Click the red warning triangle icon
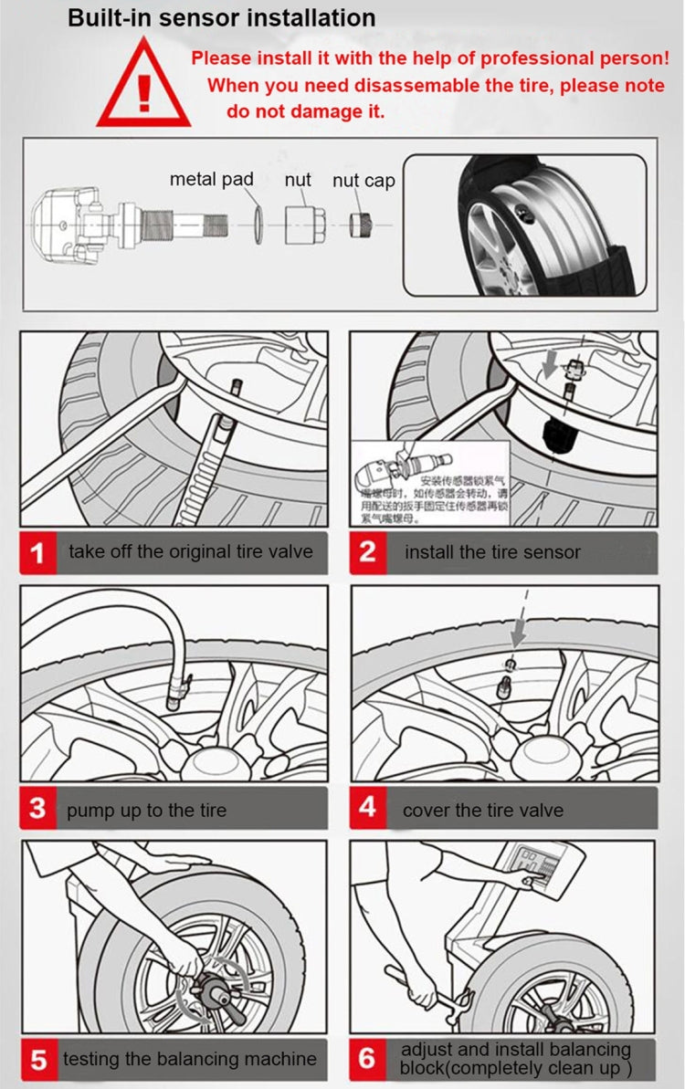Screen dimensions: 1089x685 pyautogui.click(x=143, y=88)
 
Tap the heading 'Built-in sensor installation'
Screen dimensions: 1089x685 pyautogui.click(x=222, y=17)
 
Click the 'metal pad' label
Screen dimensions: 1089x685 pyautogui.click(x=211, y=179)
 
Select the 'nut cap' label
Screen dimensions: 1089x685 pyautogui.click(x=364, y=180)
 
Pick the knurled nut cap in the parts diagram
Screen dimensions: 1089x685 pyautogui.click(x=359, y=222)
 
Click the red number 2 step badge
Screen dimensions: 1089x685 pyautogui.click(x=367, y=552)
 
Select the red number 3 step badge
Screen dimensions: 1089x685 pyautogui.click(x=37, y=810)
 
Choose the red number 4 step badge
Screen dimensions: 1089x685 pyautogui.click(x=367, y=808)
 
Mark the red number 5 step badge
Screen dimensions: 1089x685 pyautogui.click(x=38, y=1061)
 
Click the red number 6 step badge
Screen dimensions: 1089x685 pyautogui.click(x=367, y=1059)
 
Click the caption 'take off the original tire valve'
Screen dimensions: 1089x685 pyautogui.click(x=190, y=551)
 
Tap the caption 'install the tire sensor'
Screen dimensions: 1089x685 pyautogui.click(x=492, y=551)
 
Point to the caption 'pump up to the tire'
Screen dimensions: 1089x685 pyautogui.click(x=146, y=810)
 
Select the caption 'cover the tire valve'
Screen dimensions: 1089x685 pyautogui.click(x=483, y=809)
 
